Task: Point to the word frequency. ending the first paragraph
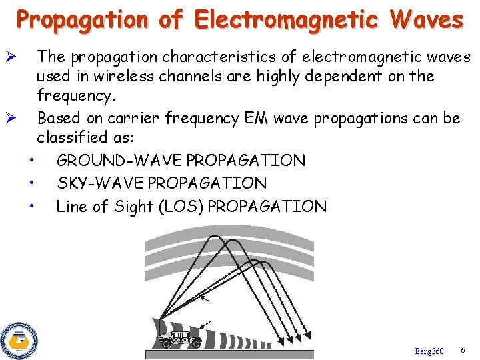click(76, 96)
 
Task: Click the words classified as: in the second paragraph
click(85, 138)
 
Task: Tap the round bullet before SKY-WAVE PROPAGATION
click(32, 183)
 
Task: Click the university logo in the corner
click(19, 341)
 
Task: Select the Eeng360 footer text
click(429, 351)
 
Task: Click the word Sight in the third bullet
click(134, 207)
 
